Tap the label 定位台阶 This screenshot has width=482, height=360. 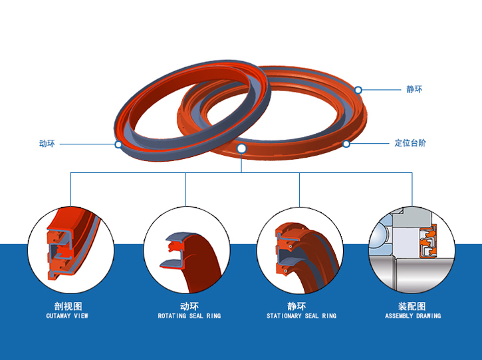[410, 143]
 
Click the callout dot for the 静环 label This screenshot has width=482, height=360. [358, 90]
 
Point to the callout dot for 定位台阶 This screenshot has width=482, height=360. [346, 144]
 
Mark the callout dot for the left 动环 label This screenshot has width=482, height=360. [118, 144]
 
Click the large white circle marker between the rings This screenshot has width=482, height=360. [241, 148]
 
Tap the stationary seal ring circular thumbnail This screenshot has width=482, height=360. [299, 250]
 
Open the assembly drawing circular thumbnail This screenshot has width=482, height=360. [412, 250]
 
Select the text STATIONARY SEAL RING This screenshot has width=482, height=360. [301, 316]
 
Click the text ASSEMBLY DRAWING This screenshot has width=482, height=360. [413, 316]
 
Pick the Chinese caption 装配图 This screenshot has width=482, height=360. [412, 306]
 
